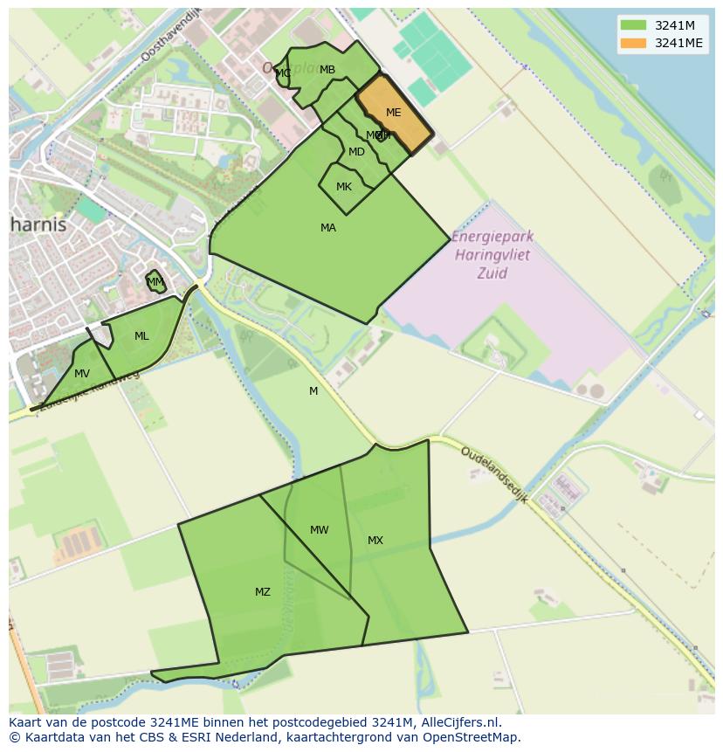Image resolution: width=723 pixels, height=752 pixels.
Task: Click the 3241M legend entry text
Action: pyautogui.click(x=674, y=24)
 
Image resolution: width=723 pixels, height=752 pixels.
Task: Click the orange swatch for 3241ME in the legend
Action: pyautogui.click(x=633, y=44)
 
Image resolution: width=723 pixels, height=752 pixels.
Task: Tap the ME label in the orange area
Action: pyautogui.click(x=393, y=113)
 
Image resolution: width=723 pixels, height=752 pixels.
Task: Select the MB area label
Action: pyautogui.click(x=327, y=70)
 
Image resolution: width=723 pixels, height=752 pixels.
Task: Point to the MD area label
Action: pyautogui.click(x=356, y=152)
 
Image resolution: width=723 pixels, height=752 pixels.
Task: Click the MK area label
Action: pyautogui.click(x=344, y=187)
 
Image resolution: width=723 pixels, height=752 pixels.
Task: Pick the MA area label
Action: pyautogui.click(x=328, y=228)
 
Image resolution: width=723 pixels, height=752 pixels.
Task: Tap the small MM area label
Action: pyautogui.click(x=155, y=282)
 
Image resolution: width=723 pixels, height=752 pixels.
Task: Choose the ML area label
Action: pyautogui.click(x=141, y=336)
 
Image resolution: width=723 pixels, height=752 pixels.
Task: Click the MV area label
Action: pyautogui.click(x=82, y=374)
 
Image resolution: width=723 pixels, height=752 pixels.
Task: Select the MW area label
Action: pyautogui.click(x=319, y=530)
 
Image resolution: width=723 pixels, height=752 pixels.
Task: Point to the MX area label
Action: pyautogui.click(x=375, y=541)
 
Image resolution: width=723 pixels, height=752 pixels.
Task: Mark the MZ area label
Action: pyautogui.click(x=263, y=592)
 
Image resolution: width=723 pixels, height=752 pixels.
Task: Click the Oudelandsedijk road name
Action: pyautogui.click(x=494, y=475)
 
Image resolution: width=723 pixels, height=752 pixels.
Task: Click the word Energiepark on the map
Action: pyautogui.click(x=493, y=238)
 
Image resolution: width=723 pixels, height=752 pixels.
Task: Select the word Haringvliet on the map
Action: pyautogui.click(x=493, y=256)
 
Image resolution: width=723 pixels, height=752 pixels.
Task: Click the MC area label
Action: pyautogui.click(x=283, y=73)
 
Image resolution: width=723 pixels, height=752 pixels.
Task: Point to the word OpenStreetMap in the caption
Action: pyautogui.click(x=472, y=737)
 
